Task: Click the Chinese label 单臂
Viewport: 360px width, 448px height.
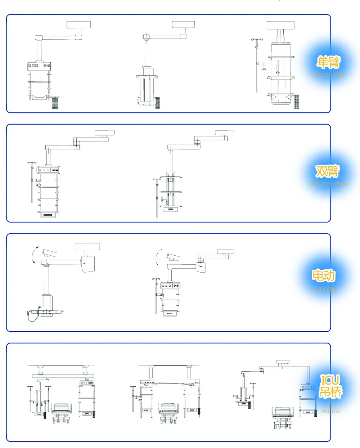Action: pos(328,62)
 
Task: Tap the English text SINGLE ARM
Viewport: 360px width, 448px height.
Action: pos(329,75)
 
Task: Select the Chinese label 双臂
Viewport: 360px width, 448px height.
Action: pos(327,171)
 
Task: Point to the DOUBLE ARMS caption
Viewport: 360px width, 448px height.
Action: pos(328,184)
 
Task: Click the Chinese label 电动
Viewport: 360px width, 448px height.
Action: pos(323,276)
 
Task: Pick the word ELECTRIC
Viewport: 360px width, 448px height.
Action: pos(324,289)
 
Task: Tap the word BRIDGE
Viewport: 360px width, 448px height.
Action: pos(331,411)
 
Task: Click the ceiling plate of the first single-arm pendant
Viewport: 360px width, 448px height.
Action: pos(78,25)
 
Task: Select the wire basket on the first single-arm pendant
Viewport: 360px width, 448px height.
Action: pos(55,102)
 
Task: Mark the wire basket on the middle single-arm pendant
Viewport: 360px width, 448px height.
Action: pos(157,102)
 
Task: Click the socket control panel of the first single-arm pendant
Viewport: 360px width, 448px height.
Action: pos(40,66)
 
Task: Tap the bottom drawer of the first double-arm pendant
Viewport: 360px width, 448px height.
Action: pos(48,215)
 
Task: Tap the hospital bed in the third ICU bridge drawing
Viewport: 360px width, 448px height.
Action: pos(283,417)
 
